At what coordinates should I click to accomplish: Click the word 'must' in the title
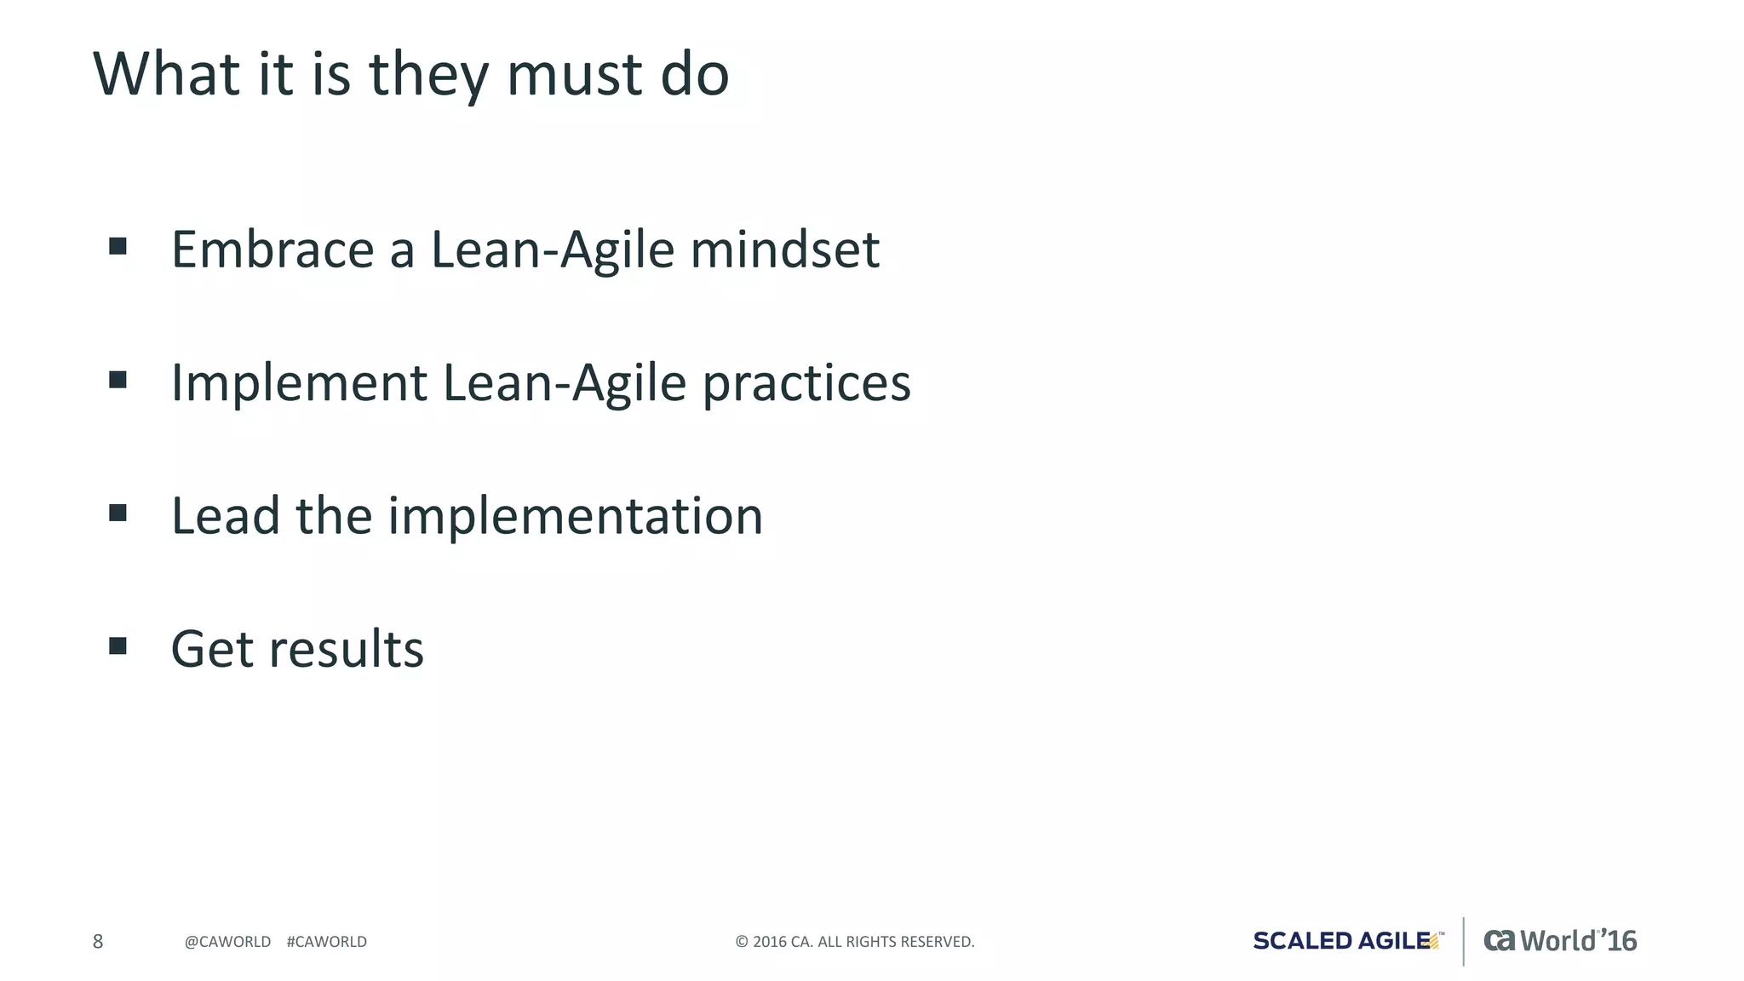click(575, 75)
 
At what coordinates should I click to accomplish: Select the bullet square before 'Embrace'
click(118, 247)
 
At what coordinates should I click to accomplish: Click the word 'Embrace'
click(272, 250)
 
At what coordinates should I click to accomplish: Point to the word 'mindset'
click(784, 250)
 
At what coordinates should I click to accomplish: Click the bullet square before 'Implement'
click(118, 380)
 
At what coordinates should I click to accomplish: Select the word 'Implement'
click(299, 383)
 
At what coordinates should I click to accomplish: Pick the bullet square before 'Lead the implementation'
click(118, 513)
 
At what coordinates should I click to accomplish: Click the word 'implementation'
click(576, 517)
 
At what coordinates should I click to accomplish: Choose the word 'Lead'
click(226, 516)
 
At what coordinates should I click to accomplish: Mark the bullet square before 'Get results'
click(118, 646)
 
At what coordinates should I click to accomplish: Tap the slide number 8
click(98, 941)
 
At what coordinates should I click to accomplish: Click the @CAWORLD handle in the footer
click(227, 942)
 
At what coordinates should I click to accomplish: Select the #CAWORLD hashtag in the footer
click(327, 942)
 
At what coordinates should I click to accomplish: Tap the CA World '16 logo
click(1560, 941)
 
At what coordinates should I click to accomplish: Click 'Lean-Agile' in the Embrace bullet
click(553, 250)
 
